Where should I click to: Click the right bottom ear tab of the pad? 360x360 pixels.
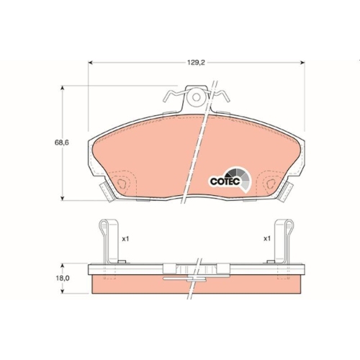tap(287, 192)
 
